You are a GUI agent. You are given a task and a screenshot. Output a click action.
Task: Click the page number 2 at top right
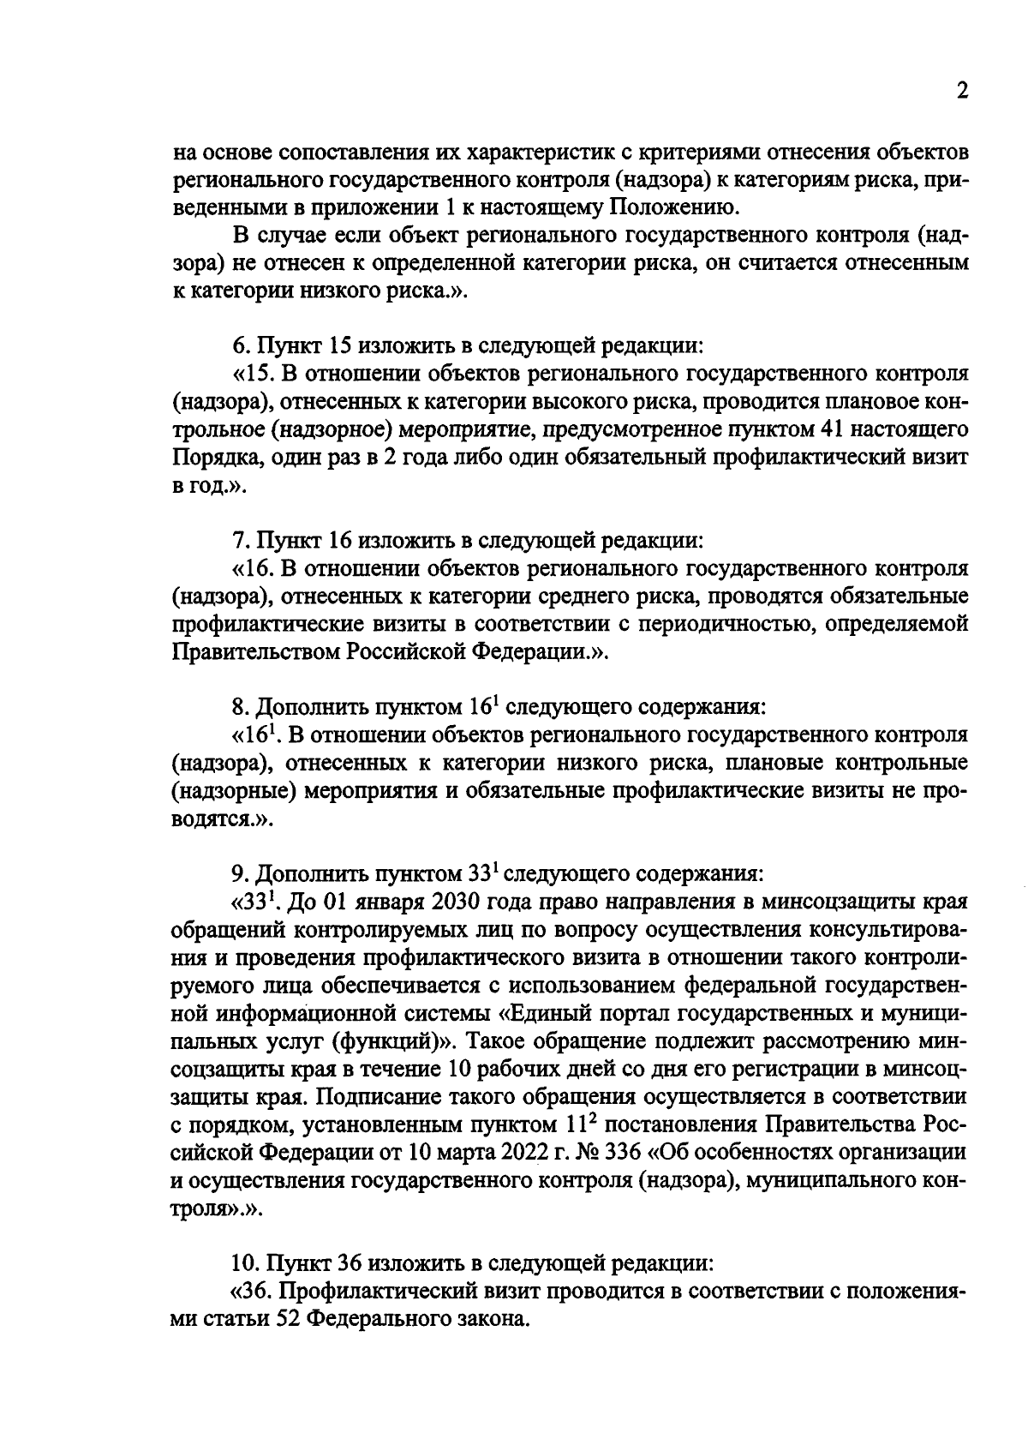(961, 92)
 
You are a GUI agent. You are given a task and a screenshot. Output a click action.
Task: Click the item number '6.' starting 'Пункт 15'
(241, 346)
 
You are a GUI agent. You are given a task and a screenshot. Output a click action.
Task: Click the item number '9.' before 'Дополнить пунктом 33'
(241, 873)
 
